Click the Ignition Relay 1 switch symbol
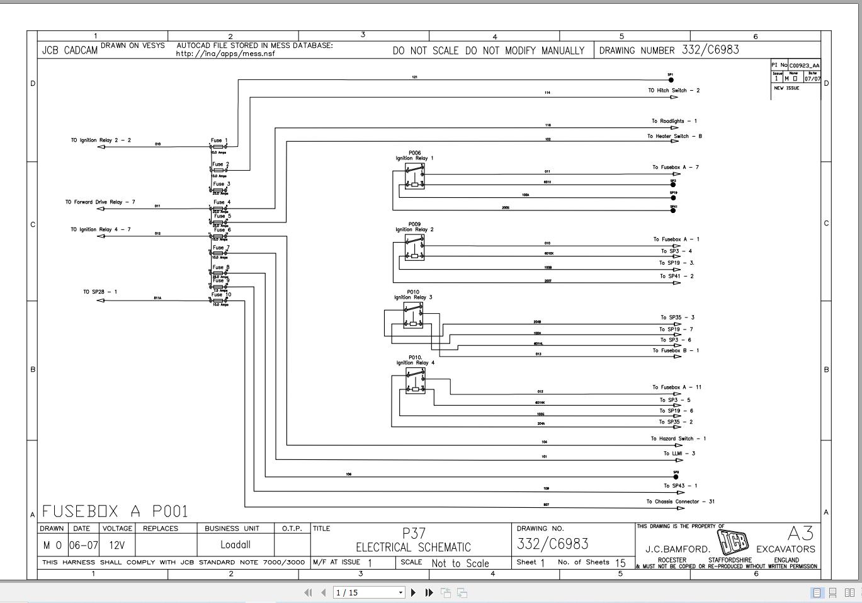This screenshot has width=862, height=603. [414, 176]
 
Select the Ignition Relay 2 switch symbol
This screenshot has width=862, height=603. [414, 248]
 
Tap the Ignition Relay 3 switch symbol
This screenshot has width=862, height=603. [413, 315]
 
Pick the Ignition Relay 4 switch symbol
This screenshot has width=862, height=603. [415, 381]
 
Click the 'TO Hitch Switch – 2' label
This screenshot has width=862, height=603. [674, 91]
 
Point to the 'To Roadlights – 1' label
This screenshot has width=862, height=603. [674, 121]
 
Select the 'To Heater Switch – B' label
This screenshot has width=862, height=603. [674, 136]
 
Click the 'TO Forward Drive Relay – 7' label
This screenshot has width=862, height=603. [100, 202]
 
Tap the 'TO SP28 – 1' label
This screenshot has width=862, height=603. [100, 292]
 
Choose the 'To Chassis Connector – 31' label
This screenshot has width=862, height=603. [680, 502]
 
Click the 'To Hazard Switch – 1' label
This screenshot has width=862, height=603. [678, 439]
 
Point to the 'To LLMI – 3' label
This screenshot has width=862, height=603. [679, 454]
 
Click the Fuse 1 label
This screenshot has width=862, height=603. [219, 141]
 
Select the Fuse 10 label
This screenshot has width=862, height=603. [221, 294]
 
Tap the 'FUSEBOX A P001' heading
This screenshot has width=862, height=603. [115, 511]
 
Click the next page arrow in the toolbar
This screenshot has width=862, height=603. [413, 592]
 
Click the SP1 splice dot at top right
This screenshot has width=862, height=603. [671, 80]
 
